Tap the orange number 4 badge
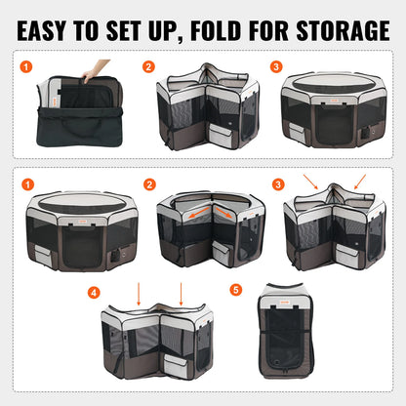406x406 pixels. tap(93, 291)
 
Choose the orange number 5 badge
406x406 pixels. tap(236, 290)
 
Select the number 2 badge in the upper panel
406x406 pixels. tap(148, 67)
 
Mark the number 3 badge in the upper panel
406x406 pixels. tap(276, 67)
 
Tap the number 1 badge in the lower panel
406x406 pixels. tap(28, 183)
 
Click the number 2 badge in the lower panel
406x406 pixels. tap(148, 183)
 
